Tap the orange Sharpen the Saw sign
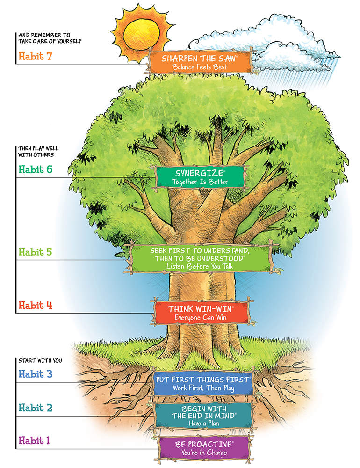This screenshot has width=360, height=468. click(199, 62)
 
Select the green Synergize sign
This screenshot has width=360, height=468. click(200, 176)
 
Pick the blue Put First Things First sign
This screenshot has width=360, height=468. click(202, 383)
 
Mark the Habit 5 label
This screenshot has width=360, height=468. click(35, 252)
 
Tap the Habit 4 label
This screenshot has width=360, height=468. click(35, 306)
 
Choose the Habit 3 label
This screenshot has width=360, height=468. click(36, 374)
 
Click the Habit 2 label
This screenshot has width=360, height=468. click(36, 408)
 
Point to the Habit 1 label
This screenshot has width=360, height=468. click(36, 440)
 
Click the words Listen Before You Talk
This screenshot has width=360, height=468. click(200, 266)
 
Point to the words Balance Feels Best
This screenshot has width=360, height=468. click(199, 67)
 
